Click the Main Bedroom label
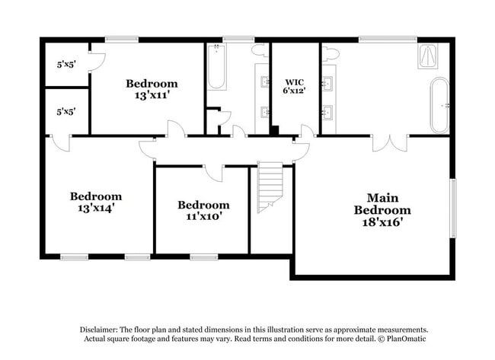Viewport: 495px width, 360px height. (x=378, y=204)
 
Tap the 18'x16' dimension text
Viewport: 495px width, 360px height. (x=378, y=222)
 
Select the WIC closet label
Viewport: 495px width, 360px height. (x=295, y=82)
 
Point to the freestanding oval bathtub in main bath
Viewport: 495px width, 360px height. (x=439, y=105)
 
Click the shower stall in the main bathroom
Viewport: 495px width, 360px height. (x=429, y=57)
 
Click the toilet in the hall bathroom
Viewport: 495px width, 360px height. (x=259, y=51)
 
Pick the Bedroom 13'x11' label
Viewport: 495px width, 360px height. (x=152, y=90)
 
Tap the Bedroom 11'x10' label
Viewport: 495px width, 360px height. (x=203, y=210)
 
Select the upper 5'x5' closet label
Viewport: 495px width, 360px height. (x=66, y=65)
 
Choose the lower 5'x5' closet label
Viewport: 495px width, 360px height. (x=66, y=111)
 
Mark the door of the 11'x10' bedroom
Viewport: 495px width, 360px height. (x=213, y=171)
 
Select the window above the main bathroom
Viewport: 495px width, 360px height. (x=388, y=38)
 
